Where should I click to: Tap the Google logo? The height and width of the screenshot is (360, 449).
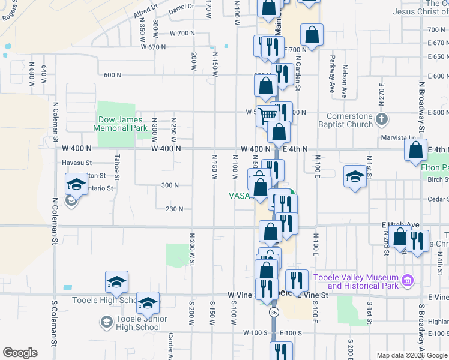(20, 353)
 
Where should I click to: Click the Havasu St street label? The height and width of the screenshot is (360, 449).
(76, 163)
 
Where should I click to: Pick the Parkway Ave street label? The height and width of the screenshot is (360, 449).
(331, 69)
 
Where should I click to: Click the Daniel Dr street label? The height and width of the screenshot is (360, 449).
(182, 7)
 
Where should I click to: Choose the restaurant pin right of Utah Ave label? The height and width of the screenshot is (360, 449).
(417, 241)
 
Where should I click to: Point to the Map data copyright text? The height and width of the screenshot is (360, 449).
(411, 355)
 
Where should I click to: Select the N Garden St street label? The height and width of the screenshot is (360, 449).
(297, 74)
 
